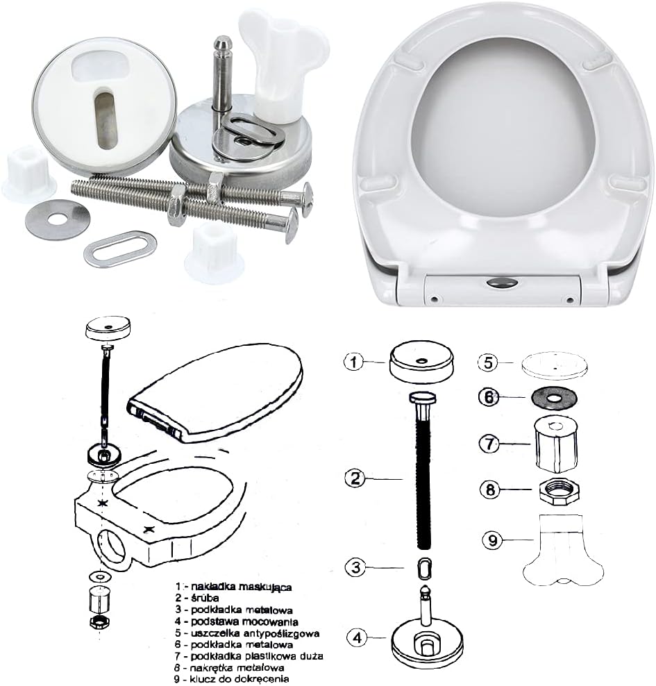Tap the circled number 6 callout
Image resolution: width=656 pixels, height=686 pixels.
[489, 396]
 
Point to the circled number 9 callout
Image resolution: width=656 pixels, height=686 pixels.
[492, 539]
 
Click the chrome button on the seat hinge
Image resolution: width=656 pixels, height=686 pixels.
[501, 283]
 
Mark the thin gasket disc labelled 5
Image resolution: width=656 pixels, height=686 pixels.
[554, 364]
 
